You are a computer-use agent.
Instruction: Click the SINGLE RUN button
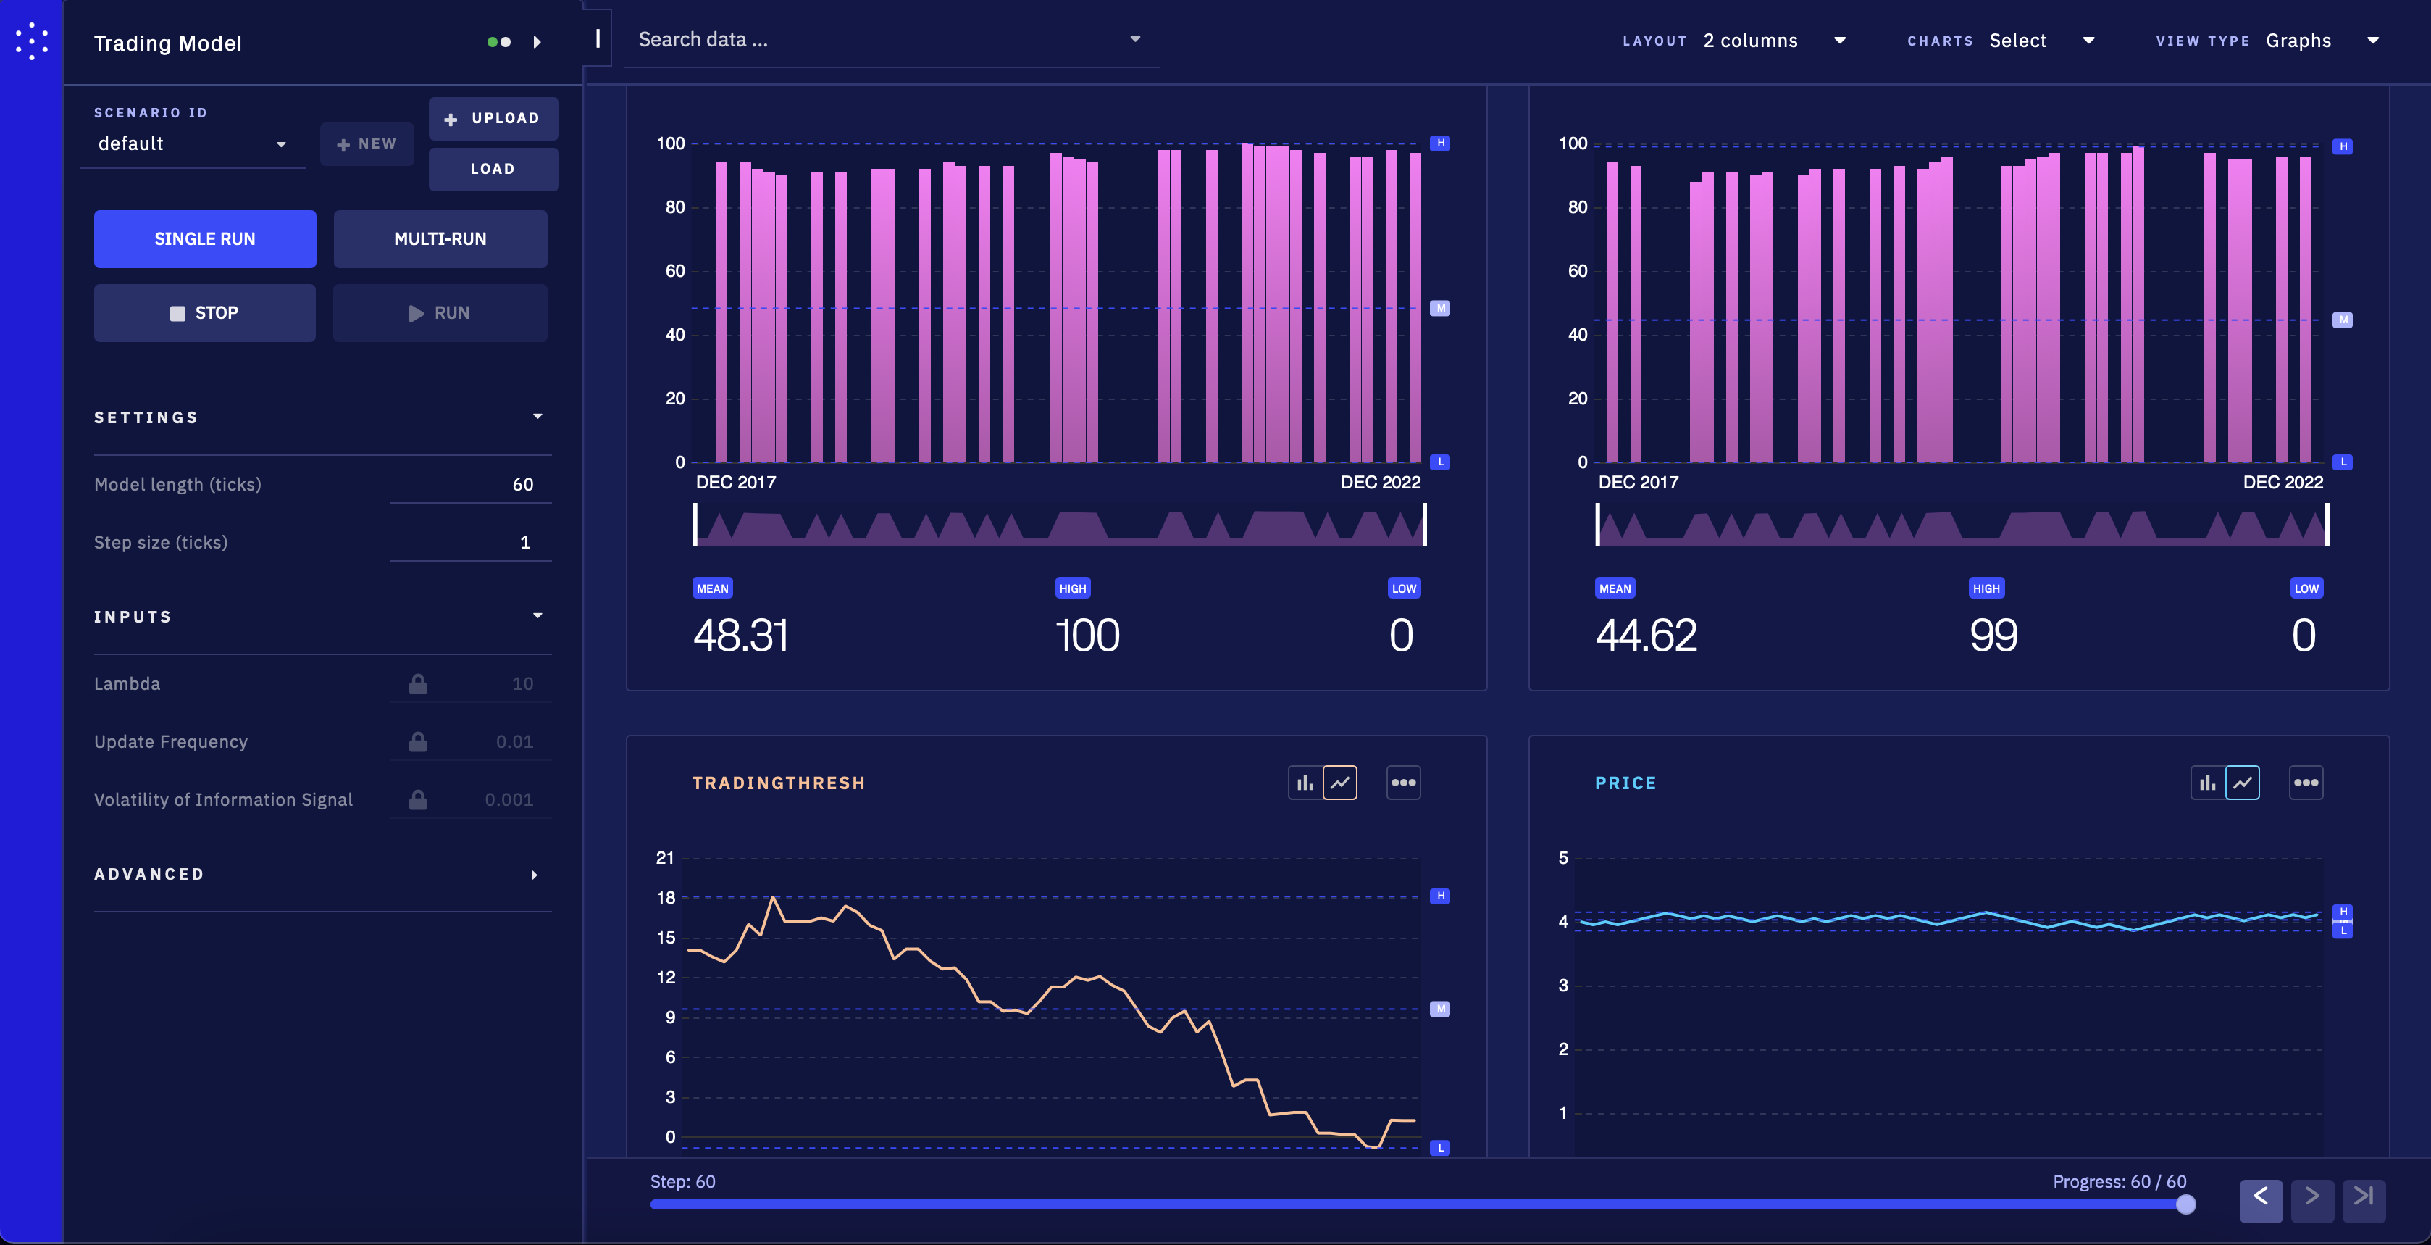pos(205,239)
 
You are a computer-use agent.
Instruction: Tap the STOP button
pos(205,312)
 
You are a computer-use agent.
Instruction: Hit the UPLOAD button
pos(493,119)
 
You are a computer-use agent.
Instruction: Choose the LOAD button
pos(493,169)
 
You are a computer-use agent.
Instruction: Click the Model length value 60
pos(523,484)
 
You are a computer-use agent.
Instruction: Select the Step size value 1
pos(526,542)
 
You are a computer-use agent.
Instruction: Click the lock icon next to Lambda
pos(418,683)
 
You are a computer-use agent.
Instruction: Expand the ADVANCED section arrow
pos(535,875)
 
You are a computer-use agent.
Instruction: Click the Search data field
pos(891,40)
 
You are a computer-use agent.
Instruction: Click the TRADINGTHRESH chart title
pos(779,783)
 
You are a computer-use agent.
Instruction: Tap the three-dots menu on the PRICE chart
pos(2306,783)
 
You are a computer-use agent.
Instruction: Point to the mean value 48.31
pos(741,636)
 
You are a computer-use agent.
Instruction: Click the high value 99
pos(1993,636)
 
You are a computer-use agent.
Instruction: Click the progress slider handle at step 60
pos(2185,1204)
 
